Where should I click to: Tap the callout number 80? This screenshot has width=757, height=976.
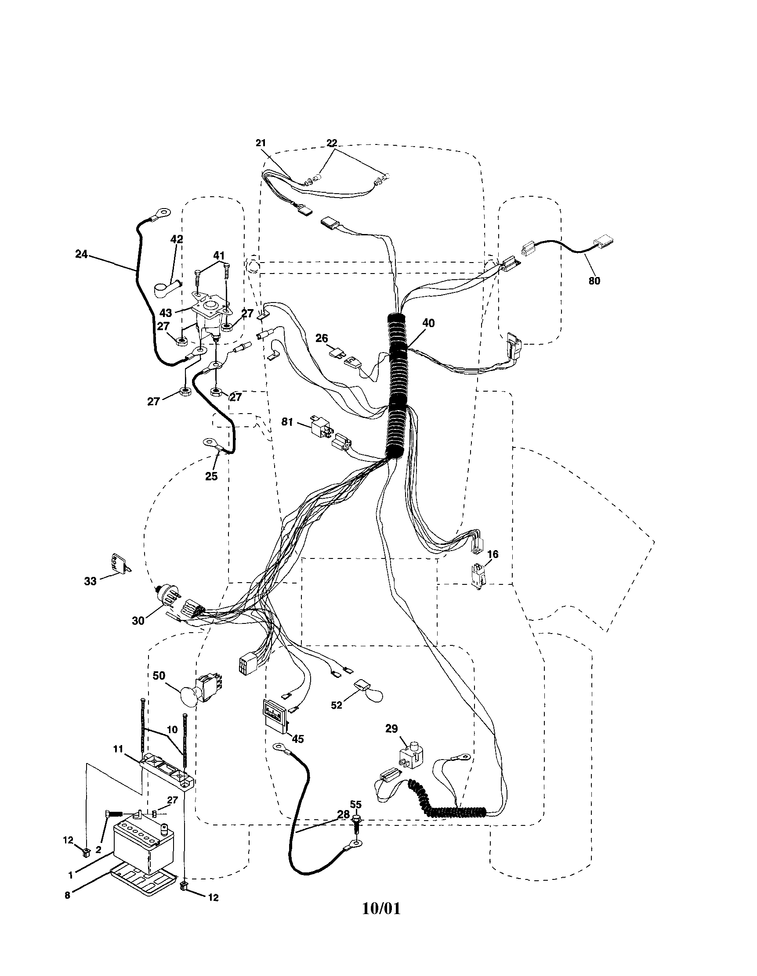(594, 281)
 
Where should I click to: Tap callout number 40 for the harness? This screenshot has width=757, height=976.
(428, 323)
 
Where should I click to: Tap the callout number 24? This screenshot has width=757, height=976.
(81, 254)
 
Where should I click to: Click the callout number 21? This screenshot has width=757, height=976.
(261, 143)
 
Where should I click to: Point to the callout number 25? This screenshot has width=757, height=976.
(211, 476)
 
